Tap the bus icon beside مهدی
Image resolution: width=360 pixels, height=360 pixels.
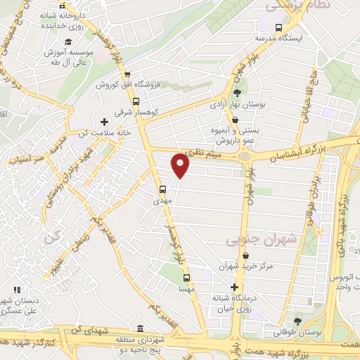pyautogui.click(x=163, y=188)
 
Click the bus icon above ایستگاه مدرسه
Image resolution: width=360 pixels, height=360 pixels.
pyautogui.click(x=279, y=27)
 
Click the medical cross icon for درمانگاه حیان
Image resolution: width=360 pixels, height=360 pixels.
pyautogui.click(x=234, y=287)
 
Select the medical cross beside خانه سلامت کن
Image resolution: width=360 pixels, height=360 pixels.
pyautogui.click(x=105, y=121)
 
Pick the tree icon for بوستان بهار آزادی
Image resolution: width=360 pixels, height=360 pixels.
pyautogui.click(x=237, y=93)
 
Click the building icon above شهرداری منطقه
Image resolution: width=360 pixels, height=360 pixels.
pyautogui.click(x=141, y=328)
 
